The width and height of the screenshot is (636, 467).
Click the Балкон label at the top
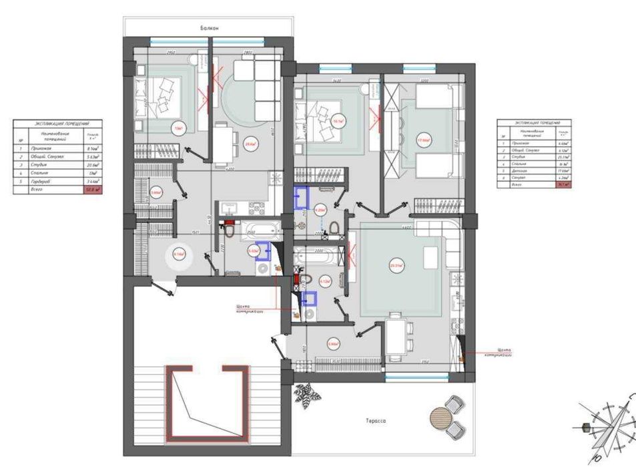209,28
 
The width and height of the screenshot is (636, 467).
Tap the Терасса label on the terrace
377,421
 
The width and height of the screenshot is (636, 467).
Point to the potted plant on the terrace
308,394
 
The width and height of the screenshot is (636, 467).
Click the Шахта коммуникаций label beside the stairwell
248,309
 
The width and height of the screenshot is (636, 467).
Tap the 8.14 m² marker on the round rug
179,254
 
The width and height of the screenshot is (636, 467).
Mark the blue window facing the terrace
408,377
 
